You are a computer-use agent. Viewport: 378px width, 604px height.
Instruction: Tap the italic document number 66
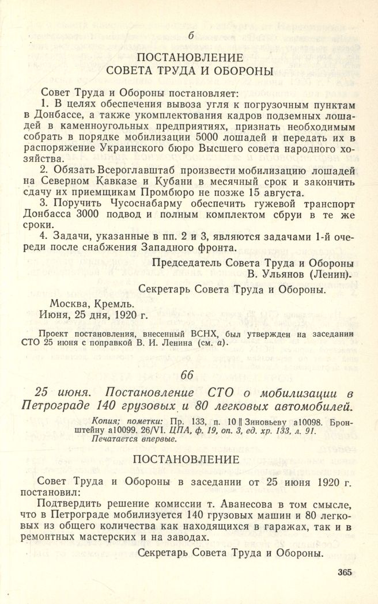[188, 375]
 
